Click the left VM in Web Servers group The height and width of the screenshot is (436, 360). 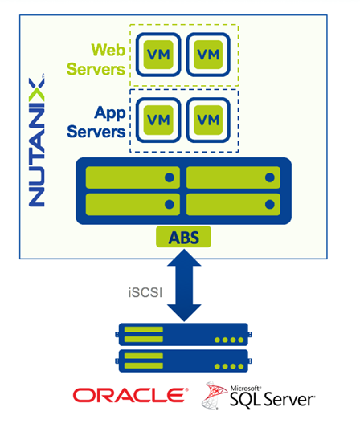158,55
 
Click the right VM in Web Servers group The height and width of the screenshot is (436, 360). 208,55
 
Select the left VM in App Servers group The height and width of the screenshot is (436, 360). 158,120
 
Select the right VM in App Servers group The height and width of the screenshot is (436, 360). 208,120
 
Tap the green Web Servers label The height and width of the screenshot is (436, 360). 96,59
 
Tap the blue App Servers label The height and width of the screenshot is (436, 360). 96,122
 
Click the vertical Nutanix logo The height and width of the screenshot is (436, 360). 36,141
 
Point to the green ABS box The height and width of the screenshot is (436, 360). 183,237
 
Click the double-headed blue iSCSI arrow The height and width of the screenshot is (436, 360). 184,285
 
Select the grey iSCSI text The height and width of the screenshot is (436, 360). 145,293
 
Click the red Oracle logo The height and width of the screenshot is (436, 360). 130,395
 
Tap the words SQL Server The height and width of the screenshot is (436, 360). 272,400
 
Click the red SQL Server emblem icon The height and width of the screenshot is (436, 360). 213,395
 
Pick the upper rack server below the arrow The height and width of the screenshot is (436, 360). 184,334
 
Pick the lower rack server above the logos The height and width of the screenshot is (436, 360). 184,361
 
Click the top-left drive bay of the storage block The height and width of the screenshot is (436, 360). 133,177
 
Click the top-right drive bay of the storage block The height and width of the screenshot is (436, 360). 233,177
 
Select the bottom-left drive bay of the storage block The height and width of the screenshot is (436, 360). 133,205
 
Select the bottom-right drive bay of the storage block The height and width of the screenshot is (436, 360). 233,205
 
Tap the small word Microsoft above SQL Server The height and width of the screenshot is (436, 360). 245,388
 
